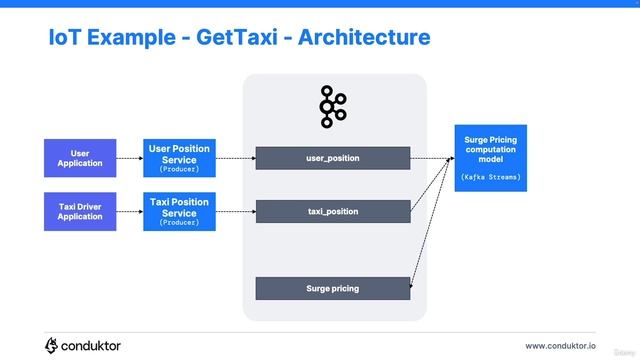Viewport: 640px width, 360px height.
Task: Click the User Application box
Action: [x=73, y=158]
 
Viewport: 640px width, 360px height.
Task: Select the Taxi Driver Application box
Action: [x=73, y=211]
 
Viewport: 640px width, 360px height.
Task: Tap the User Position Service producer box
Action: [x=179, y=158]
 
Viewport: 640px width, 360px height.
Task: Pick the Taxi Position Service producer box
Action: [x=179, y=211]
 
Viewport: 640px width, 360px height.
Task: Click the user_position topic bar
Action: [x=332, y=158]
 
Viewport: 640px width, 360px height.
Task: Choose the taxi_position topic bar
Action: [x=332, y=211]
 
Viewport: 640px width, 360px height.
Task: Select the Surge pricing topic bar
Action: [x=332, y=288]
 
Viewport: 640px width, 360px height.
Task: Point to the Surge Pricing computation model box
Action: [x=490, y=158]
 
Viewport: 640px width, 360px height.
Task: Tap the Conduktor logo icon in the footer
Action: [x=52, y=345]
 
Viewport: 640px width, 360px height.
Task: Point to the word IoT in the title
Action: [x=65, y=38]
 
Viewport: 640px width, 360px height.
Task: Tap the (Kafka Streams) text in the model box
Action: [x=490, y=177]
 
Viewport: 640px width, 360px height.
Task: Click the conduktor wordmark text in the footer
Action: [x=91, y=346]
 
